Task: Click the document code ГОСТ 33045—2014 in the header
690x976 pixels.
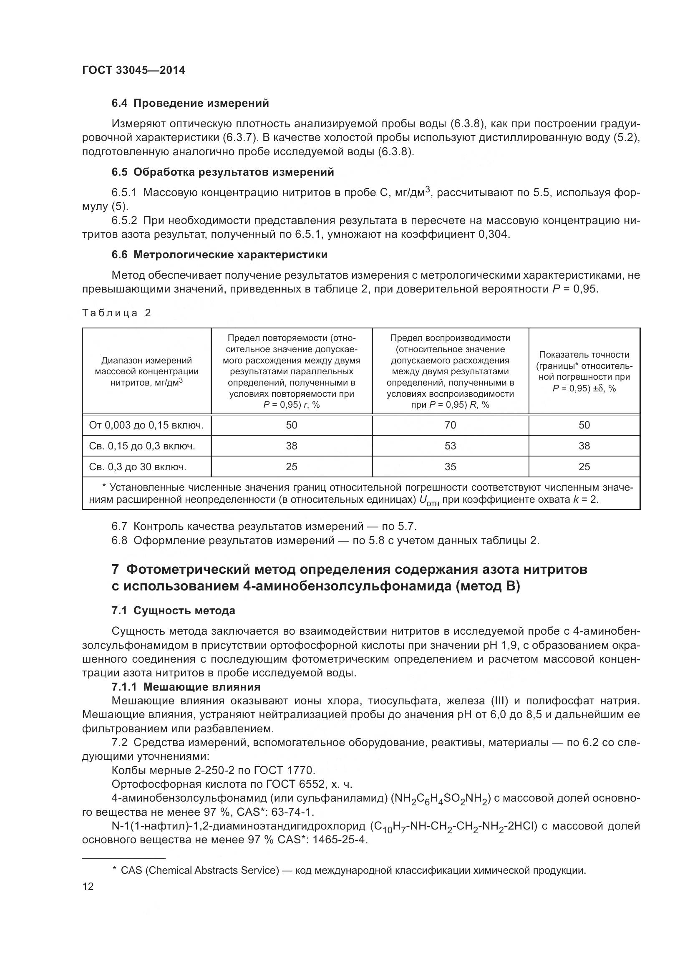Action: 133,71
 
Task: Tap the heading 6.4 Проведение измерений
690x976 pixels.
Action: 190,103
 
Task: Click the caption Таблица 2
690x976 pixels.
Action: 116,313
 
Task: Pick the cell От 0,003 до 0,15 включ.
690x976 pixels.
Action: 146,425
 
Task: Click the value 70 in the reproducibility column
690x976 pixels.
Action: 450,425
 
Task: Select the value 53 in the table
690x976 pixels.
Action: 450,446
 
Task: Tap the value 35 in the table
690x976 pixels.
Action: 450,467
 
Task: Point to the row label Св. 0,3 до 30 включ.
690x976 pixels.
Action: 138,467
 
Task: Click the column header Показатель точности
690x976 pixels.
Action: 584,355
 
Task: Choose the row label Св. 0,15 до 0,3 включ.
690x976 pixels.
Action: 142,446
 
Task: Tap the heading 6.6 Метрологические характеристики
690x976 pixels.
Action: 219,255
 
